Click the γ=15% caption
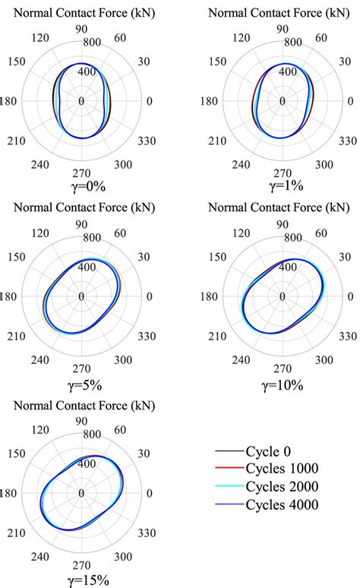coord(82,580)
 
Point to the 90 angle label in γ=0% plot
coord(82,29)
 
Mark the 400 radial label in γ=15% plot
coord(82,463)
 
